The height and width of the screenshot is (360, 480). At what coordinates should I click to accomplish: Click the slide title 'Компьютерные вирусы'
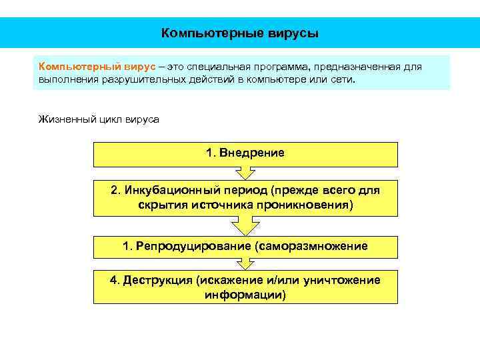point(240,33)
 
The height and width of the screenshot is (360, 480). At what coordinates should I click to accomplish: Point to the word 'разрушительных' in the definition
point(139,80)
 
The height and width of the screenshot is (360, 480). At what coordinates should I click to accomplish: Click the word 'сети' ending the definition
point(343,80)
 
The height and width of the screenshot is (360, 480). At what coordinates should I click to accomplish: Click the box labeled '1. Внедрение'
point(245,153)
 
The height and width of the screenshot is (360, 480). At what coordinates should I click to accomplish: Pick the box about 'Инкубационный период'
point(245,197)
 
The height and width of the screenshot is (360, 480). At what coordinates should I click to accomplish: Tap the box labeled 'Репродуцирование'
point(245,247)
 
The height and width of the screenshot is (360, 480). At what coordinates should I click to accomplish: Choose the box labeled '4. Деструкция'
point(245,287)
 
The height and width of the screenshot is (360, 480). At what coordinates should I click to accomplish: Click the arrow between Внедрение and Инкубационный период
point(245,173)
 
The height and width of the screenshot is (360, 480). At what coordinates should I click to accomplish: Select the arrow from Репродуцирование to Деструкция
point(245,263)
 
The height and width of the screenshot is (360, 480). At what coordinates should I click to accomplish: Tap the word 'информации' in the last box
point(245,294)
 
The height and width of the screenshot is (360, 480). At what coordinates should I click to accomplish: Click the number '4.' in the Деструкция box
point(115,280)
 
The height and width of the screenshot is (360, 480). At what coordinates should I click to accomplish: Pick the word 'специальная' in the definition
point(217,67)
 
